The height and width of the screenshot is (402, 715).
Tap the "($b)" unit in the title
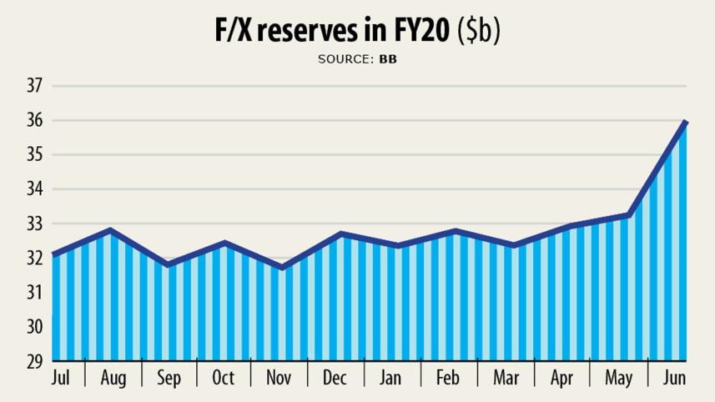(x=478, y=31)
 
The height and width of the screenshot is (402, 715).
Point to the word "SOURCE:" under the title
(x=345, y=59)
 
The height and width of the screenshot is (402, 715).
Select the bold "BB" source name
(x=388, y=59)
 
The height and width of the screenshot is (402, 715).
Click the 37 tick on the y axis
(x=34, y=86)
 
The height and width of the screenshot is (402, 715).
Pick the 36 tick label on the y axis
(x=34, y=120)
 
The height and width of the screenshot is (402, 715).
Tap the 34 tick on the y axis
(x=34, y=189)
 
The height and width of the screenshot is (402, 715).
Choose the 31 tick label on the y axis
(x=34, y=293)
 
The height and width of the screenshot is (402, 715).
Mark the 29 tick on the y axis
(x=34, y=362)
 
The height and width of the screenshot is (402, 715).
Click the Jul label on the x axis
(x=60, y=378)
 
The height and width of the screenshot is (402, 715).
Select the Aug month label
(x=113, y=379)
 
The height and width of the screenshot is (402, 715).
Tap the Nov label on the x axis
(x=279, y=378)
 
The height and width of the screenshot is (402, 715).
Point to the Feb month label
(x=449, y=378)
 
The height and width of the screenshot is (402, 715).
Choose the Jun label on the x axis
(x=673, y=378)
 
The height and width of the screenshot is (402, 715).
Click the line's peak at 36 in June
(x=686, y=122)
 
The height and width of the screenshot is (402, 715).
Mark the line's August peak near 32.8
(x=111, y=230)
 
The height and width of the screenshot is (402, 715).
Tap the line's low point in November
(x=282, y=268)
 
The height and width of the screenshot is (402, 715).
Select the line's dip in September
(x=169, y=265)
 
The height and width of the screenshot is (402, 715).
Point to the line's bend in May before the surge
(x=628, y=216)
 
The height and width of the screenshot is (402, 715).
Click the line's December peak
(x=340, y=234)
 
